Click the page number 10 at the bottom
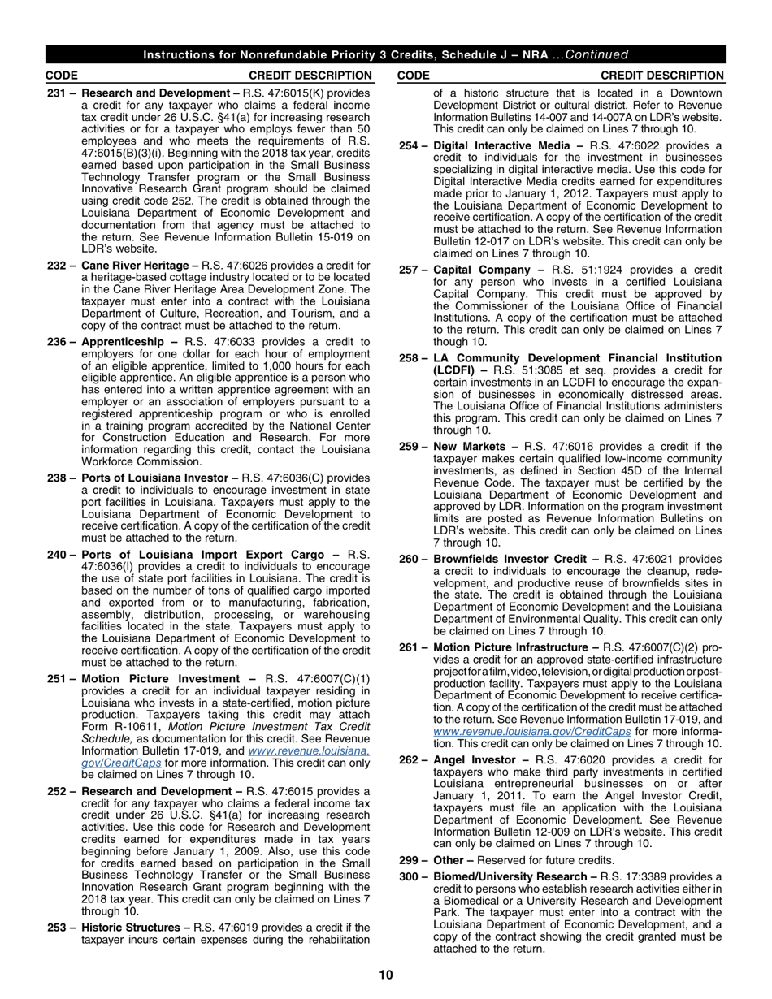point(386,975)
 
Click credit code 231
point(57,93)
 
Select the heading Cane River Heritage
point(140,265)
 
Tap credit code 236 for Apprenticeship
point(57,342)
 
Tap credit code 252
point(57,791)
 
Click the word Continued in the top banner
point(597,55)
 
